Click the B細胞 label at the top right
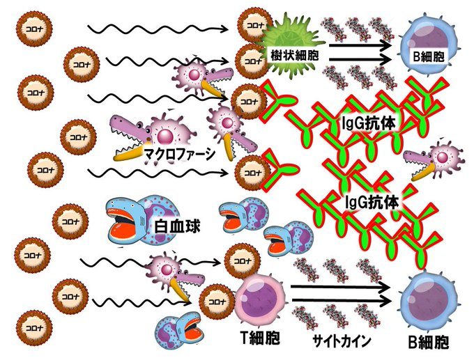click(x=429, y=55)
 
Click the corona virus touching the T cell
click(x=215, y=302)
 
